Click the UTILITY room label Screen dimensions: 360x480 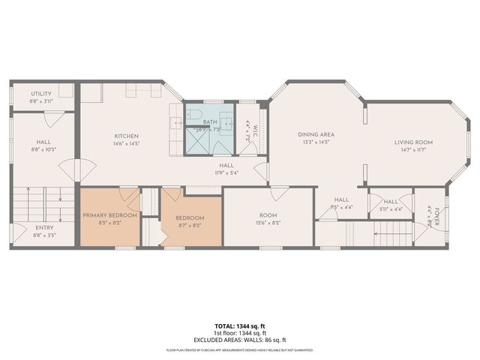40,94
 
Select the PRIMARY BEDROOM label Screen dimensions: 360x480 109,215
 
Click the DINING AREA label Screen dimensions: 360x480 316,134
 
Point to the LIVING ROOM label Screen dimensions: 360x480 414,142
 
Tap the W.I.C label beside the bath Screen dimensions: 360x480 255,129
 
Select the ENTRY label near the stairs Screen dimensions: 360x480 44,228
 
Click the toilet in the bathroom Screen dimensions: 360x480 196,115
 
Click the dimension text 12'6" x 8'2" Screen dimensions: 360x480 268,223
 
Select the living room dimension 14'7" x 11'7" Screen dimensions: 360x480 414,149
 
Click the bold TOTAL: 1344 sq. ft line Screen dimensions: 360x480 240,326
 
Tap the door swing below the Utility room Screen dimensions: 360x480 52,118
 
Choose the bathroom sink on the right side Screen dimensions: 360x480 229,120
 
